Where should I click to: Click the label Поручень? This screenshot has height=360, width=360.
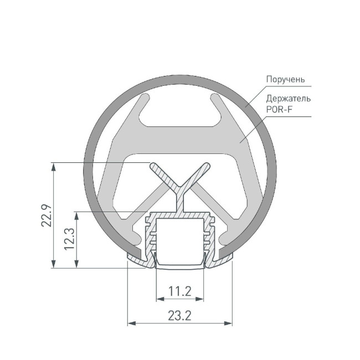pyautogui.click(x=285, y=79)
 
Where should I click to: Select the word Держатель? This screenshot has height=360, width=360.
pyautogui.click(x=287, y=99)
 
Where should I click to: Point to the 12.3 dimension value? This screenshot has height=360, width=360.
pyautogui.click(x=69, y=240)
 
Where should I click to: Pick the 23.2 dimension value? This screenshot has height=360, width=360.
pyautogui.click(x=180, y=316)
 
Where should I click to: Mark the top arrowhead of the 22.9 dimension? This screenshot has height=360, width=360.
pyautogui.click(x=53, y=166)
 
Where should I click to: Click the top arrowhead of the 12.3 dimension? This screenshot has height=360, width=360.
pyautogui.click(x=76, y=215)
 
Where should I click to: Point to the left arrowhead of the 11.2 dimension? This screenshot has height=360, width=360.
pyautogui.click(x=159, y=299)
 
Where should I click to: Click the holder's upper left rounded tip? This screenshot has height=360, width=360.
pyautogui.click(x=147, y=97)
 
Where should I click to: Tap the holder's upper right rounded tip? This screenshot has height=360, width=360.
pyautogui.click(x=213, y=97)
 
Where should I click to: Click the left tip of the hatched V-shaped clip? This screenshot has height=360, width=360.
pyautogui.click(x=153, y=166)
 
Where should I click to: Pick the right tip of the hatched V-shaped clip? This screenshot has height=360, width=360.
pyautogui.click(x=206, y=166)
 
